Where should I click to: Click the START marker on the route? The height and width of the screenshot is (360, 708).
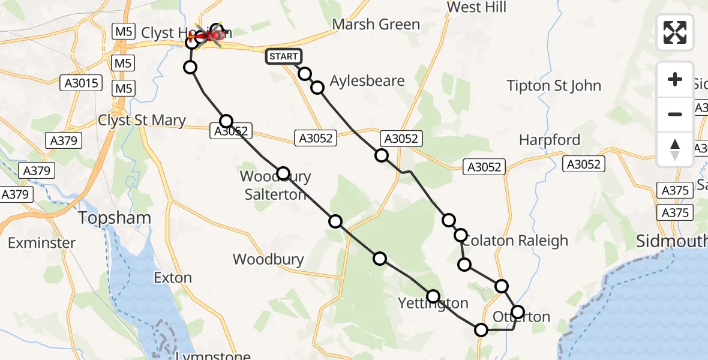pos(283,57)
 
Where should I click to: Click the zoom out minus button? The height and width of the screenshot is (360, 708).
pos(675,114)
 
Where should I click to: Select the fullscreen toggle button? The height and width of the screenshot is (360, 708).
pos(675,32)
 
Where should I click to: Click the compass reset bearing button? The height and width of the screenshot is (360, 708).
pos(675,149)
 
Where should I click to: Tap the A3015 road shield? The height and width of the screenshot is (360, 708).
pos(82,83)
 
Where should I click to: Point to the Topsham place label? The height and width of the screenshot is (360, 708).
pos(114,218)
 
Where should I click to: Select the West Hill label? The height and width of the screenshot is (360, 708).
pos(477,7)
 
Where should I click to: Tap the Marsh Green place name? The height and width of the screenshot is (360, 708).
pos(376,25)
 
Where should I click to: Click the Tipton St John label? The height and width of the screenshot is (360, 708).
pos(554,85)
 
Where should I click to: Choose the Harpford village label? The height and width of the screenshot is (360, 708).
pos(550,140)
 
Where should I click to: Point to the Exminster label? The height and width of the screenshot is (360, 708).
pos(42,243)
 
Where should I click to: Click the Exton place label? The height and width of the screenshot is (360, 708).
pos(173,278)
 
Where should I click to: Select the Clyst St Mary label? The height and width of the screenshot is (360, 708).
pos(142,121)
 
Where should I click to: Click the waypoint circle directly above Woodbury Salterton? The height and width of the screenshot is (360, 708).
pos(283,173)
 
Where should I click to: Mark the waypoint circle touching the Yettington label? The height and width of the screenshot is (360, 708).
pos(433,296)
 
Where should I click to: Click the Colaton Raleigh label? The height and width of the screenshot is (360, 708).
pos(515,241)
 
